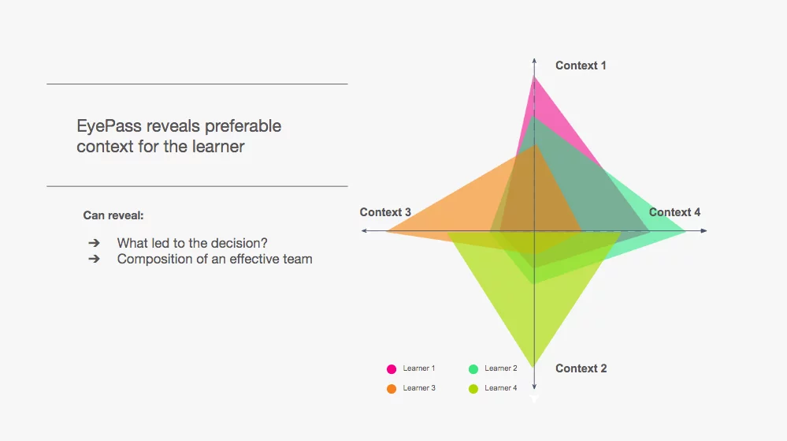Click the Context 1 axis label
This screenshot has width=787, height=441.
point(581,65)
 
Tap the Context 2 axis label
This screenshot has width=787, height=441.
point(581,368)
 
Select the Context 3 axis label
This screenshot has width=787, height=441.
point(385,212)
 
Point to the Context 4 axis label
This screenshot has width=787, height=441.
point(674,212)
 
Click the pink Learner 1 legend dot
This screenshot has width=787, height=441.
point(392,369)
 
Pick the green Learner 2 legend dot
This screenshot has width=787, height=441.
point(473,369)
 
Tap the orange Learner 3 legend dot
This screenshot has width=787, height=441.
point(392,389)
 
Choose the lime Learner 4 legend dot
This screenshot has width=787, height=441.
point(473,389)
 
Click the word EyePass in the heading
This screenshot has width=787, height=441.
point(109,126)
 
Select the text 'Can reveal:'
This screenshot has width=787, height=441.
point(113,215)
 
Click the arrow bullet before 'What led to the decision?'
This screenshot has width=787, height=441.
point(94,243)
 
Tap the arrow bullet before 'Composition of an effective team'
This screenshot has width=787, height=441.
point(94,259)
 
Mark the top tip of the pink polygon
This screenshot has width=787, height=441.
point(534,77)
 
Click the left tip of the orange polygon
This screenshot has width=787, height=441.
point(386,231)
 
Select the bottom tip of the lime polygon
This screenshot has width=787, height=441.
point(534,365)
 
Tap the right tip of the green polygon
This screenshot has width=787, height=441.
point(685,231)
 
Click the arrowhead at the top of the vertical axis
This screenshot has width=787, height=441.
point(534,61)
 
